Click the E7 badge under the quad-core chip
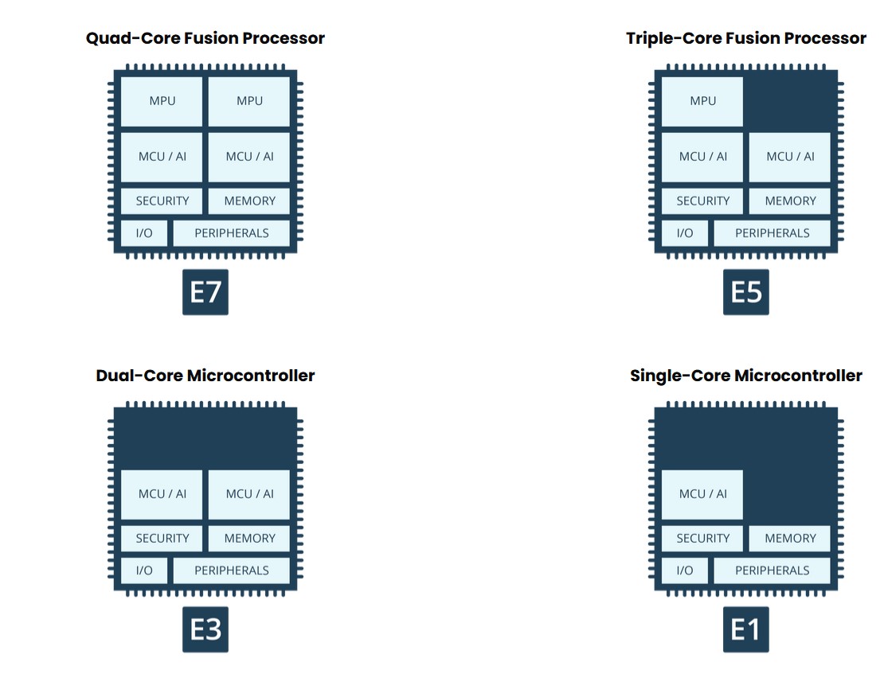pyautogui.click(x=205, y=292)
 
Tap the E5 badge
pyautogui.click(x=746, y=292)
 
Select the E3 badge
pyautogui.click(x=205, y=629)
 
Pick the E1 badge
pyautogui.click(x=746, y=629)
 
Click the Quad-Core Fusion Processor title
pyautogui.click(x=205, y=38)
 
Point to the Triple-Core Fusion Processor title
pyautogui.click(x=746, y=38)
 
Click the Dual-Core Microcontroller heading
pyautogui.click(x=205, y=376)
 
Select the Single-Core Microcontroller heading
pyautogui.click(x=746, y=376)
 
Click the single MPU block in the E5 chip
pyautogui.click(x=702, y=101)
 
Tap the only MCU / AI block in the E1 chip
pyautogui.click(x=702, y=494)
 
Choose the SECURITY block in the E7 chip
pyautogui.click(x=162, y=201)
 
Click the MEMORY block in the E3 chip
pyautogui.click(x=249, y=539)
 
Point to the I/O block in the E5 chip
pyautogui.click(x=685, y=233)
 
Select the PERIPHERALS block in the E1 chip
pyautogui.click(x=772, y=571)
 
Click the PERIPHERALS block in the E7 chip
pyautogui.click(x=231, y=233)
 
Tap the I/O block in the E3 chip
pyautogui.click(x=144, y=571)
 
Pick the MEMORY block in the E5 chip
pyautogui.click(x=790, y=201)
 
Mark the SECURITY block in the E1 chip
pyautogui.click(x=702, y=539)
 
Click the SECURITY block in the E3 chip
pyautogui.click(x=162, y=539)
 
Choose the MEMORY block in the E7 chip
pyautogui.click(x=249, y=201)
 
